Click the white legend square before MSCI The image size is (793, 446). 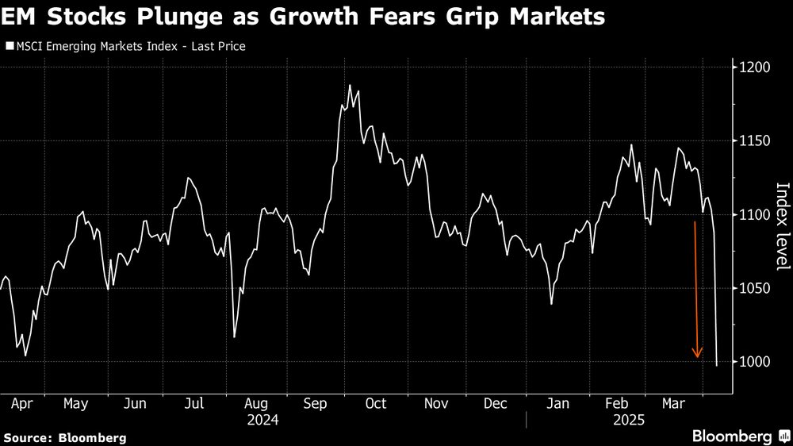(x=8, y=46)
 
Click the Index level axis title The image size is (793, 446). (x=782, y=226)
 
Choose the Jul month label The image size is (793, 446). (x=195, y=404)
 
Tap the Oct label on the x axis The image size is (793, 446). (x=375, y=404)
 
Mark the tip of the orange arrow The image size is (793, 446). (x=698, y=358)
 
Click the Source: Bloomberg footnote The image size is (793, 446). (x=64, y=437)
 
